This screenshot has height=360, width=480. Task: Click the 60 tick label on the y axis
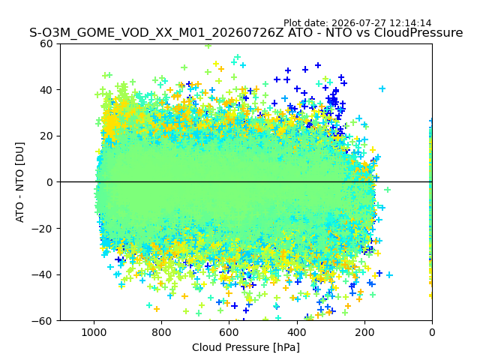46,43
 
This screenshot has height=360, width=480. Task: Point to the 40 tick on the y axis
46,90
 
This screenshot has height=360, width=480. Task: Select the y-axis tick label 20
46,136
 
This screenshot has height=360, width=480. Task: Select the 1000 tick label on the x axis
94,332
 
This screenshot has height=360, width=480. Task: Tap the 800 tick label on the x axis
162,332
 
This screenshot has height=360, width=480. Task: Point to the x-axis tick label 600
229,332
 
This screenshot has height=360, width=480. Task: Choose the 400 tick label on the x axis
297,332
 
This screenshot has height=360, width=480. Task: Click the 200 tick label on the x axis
364,332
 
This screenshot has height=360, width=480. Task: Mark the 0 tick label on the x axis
432,332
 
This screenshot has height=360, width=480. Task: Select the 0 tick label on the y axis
49,182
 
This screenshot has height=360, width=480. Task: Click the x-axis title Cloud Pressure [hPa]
246,347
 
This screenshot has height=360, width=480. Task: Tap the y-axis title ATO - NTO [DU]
20,182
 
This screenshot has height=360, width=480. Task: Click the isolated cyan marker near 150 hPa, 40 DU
382,88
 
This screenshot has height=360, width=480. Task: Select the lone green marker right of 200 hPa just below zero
387,190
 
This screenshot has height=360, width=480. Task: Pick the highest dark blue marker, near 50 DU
318,65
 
